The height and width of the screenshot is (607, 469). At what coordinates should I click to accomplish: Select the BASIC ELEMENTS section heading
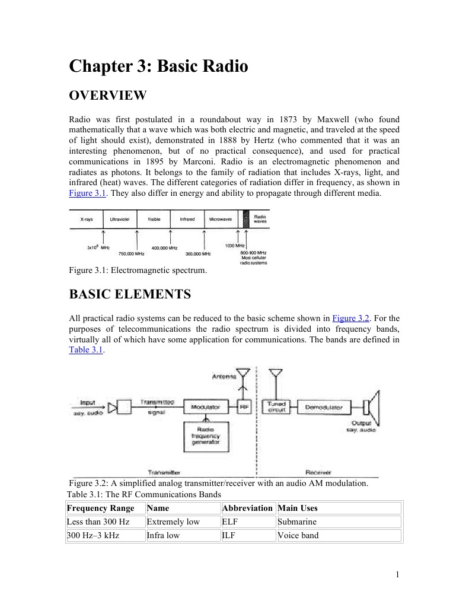point(130,294)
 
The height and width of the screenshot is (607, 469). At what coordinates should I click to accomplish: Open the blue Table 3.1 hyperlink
point(86,350)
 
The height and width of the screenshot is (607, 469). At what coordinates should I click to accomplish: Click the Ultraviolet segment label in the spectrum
point(120,219)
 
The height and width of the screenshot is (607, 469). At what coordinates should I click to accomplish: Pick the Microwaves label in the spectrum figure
point(221,219)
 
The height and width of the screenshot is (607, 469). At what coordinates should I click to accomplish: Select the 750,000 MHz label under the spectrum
point(132,253)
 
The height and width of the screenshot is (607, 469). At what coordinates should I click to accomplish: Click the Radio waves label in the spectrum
point(260,219)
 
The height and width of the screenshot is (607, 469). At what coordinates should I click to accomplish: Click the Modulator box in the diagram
point(205,407)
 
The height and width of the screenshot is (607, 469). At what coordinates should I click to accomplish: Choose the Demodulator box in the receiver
point(323,408)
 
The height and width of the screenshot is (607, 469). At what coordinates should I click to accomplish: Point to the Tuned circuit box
point(277,407)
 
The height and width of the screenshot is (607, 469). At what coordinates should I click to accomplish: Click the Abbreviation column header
point(247,508)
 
